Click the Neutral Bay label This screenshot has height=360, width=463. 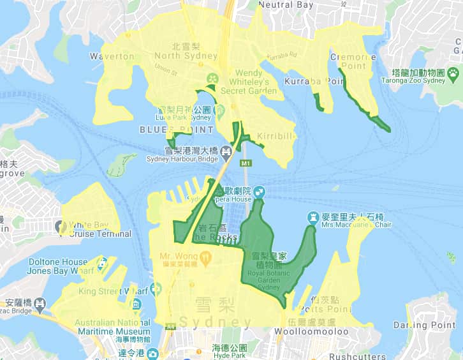(x=286, y=5)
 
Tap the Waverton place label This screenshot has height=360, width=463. (x=112, y=56)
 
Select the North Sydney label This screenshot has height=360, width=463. (x=177, y=51)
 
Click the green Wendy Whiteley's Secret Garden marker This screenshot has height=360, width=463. (x=212, y=79)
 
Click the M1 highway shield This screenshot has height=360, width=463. (x=246, y=163)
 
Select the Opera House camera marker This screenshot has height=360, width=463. (x=260, y=191)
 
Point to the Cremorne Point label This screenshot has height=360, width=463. (x=353, y=61)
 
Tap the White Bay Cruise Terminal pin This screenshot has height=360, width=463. (x=62, y=226)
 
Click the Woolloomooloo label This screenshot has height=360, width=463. (x=311, y=331)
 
